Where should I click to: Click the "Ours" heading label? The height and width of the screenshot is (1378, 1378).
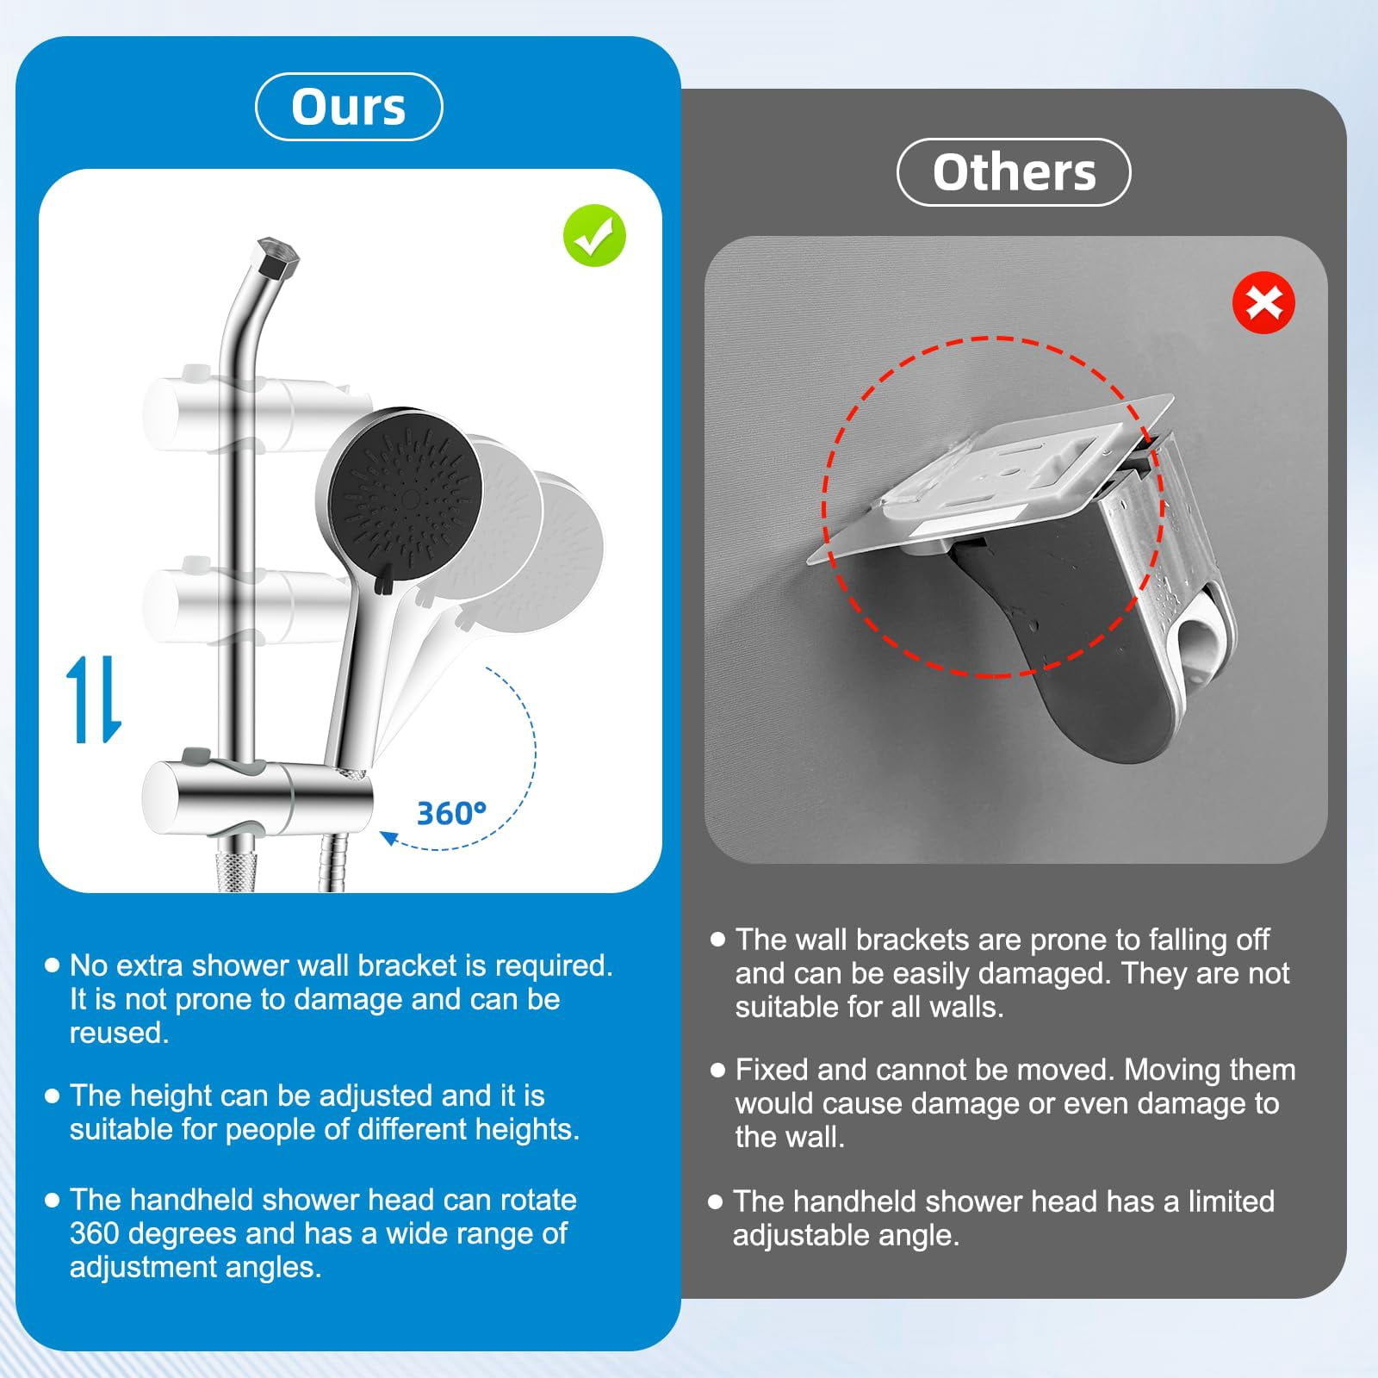(x=349, y=108)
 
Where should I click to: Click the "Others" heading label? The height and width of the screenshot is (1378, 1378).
(x=1014, y=172)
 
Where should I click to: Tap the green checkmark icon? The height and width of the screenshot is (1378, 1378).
(x=594, y=235)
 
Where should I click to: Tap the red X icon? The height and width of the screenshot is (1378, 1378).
(x=1263, y=303)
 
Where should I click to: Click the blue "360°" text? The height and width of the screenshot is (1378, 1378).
(x=451, y=813)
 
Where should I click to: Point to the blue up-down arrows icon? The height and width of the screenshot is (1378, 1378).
(x=94, y=699)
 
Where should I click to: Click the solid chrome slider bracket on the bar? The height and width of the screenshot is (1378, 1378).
(x=258, y=797)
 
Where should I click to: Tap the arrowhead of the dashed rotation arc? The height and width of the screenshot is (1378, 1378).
(x=389, y=836)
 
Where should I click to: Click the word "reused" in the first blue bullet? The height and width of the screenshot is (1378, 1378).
(x=119, y=1033)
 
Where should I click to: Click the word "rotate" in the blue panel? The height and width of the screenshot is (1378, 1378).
(x=537, y=1201)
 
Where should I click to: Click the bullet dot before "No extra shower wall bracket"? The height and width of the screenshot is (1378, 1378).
(x=52, y=965)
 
